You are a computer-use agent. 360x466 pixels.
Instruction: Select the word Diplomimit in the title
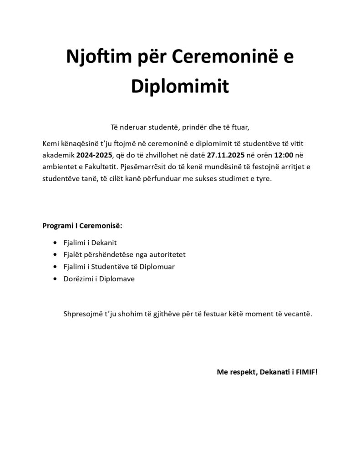click(x=180, y=86)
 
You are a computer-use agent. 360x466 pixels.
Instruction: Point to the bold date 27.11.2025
click(x=226, y=155)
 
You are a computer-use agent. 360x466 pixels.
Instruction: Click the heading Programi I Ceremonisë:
click(x=82, y=226)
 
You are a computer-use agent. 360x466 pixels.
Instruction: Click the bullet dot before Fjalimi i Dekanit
click(x=56, y=243)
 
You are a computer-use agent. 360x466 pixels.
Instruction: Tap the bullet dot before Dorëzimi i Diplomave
click(x=56, y=279)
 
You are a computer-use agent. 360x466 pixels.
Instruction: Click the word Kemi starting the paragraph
click(x=50, y=143)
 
